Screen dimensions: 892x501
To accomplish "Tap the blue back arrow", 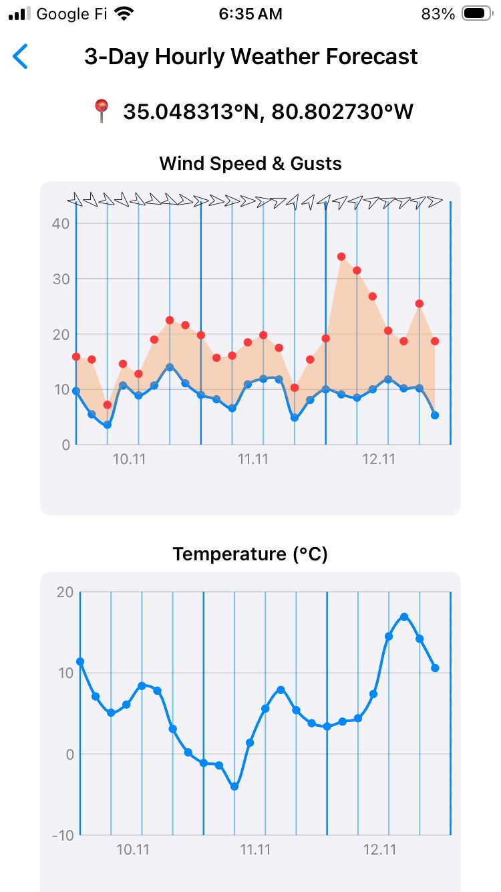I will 21,57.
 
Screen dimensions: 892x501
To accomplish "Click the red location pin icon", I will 101,111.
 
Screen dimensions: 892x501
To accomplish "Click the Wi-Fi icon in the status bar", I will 124,13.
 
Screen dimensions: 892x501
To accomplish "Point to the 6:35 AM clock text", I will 251,13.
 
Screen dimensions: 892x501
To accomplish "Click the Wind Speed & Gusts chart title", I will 251,163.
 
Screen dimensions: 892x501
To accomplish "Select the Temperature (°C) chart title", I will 251,554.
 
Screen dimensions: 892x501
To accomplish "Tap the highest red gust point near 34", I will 341,257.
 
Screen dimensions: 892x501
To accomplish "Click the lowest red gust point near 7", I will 108,405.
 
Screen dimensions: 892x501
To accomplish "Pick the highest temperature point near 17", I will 404,617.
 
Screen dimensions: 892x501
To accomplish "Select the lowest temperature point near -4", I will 234,786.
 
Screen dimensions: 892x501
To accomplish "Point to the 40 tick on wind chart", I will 61,223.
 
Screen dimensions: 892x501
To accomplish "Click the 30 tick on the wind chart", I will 61,279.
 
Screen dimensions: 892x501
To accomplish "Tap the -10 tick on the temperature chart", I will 63,835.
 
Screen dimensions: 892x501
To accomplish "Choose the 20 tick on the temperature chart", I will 65,592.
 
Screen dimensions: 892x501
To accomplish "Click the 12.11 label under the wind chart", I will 377,459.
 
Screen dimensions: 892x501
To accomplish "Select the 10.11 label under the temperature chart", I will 132,850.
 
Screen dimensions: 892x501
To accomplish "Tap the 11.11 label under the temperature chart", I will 255,850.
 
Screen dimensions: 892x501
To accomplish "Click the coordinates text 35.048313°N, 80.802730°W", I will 269,111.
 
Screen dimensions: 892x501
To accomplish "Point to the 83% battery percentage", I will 438,13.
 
